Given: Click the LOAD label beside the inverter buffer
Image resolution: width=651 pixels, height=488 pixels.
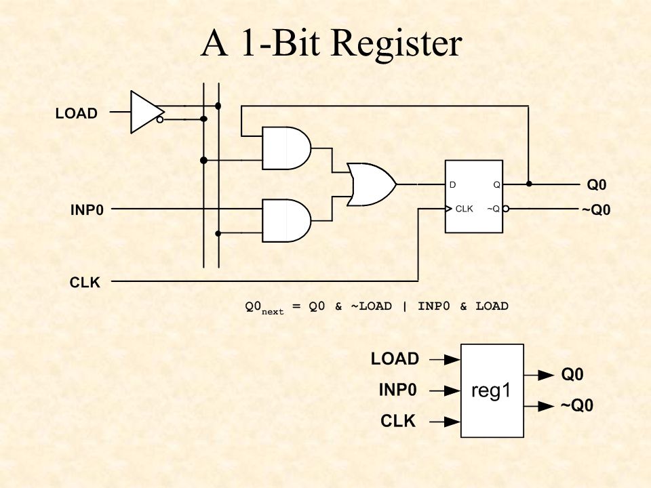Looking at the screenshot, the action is click(x=77, y=113).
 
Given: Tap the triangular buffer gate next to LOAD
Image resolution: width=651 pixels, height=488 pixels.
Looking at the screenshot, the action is click(x=146, y=112).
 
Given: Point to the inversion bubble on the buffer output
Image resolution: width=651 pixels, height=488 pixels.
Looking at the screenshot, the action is click(x=160, y=120).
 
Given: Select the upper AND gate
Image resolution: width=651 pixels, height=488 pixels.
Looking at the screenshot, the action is click(x=286, y=148).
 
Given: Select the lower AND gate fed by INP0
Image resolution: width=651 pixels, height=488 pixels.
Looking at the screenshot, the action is click(x=286, y=220).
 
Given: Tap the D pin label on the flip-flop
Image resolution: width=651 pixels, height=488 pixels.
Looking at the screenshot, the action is click(x=452, y=184).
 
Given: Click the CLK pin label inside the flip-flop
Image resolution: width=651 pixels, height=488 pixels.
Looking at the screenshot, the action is click(x=464, y=209).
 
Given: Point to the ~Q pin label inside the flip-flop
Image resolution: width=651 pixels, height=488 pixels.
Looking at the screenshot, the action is click(x=493, y=209).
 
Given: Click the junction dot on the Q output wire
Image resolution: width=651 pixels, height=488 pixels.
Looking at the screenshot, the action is click(x=528, y=184).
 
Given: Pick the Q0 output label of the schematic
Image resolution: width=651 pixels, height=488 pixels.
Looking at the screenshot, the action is click(x=597, y=184).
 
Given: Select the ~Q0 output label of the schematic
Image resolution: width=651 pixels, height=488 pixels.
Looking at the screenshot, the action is click(x=596, y=210).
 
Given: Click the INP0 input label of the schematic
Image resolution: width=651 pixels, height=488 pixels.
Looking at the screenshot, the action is click(x=87, y=209).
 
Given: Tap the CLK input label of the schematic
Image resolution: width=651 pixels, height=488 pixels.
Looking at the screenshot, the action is click(x=85, y=282).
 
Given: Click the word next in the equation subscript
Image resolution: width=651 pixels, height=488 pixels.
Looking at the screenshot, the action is click(x=273, y=312).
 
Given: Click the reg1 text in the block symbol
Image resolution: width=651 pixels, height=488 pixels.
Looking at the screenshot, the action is click(x=491, y=390).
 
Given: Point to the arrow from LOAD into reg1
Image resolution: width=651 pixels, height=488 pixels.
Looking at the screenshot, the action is click(x=445, y=359).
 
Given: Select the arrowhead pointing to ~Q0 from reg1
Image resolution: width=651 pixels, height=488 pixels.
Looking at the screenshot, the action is click(x=546, y=406).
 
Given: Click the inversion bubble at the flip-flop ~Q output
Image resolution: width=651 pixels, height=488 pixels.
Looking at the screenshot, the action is click(x=506, y=208).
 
